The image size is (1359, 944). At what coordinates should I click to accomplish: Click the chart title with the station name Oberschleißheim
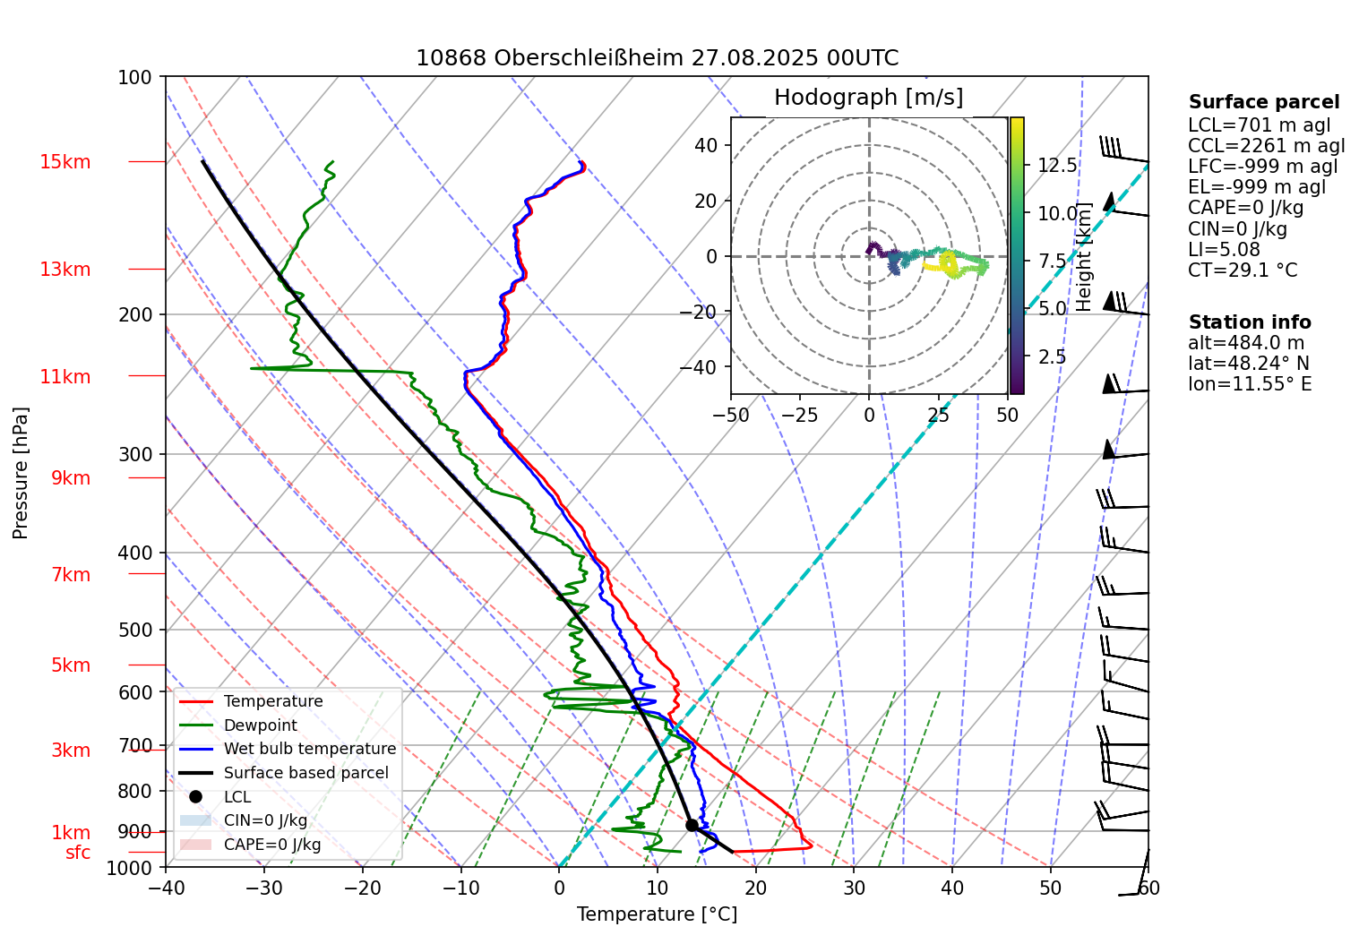pyautogui.click(x=657, y=58)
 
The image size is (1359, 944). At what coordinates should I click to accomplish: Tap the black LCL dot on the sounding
pyautogui.click(x=692, y=825)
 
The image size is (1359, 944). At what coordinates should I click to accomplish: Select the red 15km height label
pyautogui.click(x=65, y=162)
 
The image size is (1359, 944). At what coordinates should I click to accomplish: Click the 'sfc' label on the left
pyautogui.click(x=78, y=853)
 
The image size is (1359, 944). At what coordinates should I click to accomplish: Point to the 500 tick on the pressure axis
pyautogui.click(x=135, y=630)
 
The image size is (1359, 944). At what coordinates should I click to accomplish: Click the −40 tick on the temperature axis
pyautogui.click(x=166, y=888)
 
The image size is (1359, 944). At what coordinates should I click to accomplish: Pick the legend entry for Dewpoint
pyautogui.click(x=260, y=725)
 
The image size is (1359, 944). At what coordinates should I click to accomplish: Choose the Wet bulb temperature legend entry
pyautogui.click(x=309, y=749)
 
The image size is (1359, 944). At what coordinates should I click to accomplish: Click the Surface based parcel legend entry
pyautogui.click(x=305, y=773)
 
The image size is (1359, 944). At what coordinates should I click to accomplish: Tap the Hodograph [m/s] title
pyautogui.click(x=868, y=98)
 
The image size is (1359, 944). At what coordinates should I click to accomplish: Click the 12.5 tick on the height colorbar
pyautogui.click(x=1057, y=166)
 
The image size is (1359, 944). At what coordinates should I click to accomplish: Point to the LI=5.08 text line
pyautogui.click(x=1224, y=250)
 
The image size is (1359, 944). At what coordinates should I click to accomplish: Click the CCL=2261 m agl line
pyautogui.click(x=1266, y=146)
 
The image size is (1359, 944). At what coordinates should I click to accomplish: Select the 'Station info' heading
pyautogui.click(x=1249, y=322)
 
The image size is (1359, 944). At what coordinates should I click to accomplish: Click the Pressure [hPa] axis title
pyautogui.click(x=21, y=473)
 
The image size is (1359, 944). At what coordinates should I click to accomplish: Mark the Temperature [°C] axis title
pyautogui.click(x=657, y=914)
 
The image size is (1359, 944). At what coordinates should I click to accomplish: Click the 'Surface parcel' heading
pyautogui.click(x=1263, y=102)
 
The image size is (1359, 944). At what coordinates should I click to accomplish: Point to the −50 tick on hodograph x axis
pyautogui.click(x=731, y=416)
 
